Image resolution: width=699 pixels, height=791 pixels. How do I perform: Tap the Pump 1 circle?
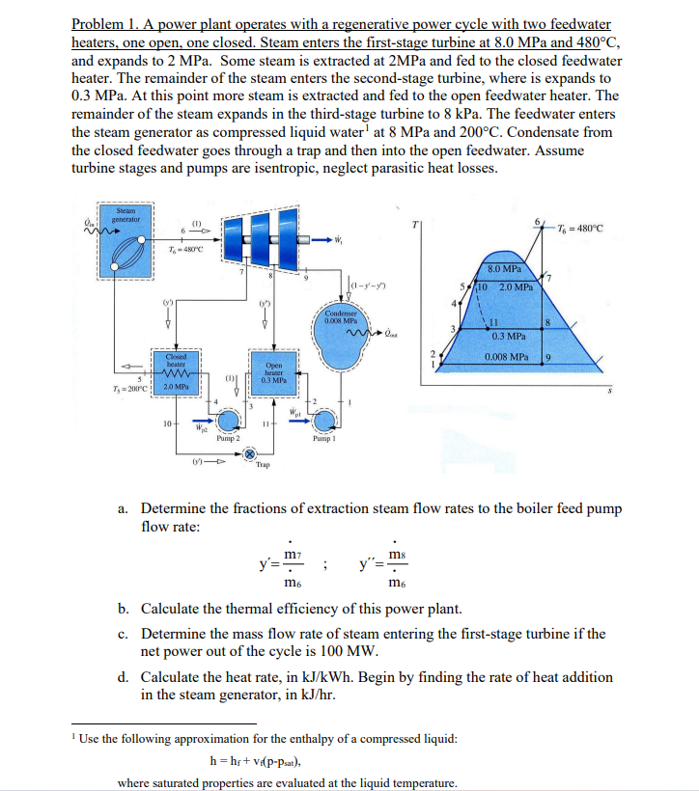click(325, 418)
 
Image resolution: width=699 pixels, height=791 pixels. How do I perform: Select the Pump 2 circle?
click(229, 420)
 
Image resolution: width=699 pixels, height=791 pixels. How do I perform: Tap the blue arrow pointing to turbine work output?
click(320, 239)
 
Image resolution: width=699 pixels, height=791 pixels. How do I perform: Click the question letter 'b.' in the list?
click(124, 609)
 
